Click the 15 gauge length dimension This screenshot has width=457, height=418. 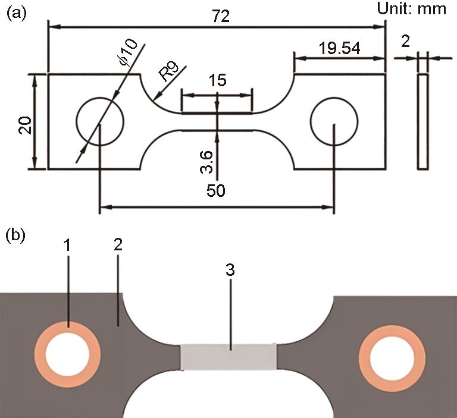tap(217, 80)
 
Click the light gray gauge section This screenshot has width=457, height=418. tap(228, 357)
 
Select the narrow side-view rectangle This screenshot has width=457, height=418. tap(422, 121)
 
